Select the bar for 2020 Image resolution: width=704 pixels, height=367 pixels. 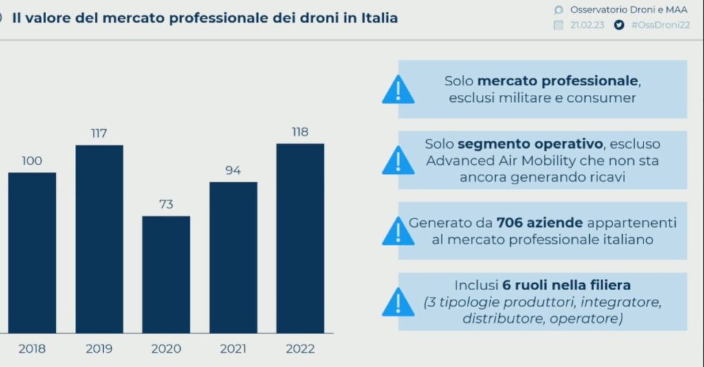tap(166, 274)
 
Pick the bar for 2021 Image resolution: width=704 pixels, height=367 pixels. tap(233, 257)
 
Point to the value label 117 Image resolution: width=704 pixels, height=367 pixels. tap(99, 133)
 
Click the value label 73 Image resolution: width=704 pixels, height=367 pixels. tap(166, 204)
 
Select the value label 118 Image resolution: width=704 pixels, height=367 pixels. tap(300, 132)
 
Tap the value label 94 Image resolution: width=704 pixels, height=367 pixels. tap(233, 170)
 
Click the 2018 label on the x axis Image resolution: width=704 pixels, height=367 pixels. tap(32, 349)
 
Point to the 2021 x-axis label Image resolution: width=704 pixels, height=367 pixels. tap(233, 349)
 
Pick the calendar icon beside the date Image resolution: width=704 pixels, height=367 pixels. tap(559, 25)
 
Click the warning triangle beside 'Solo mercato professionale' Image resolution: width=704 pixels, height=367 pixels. tap(398, 90)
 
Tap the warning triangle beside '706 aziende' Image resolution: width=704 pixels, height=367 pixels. tap(398, 232)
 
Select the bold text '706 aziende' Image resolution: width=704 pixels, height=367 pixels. tap(540, 223)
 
